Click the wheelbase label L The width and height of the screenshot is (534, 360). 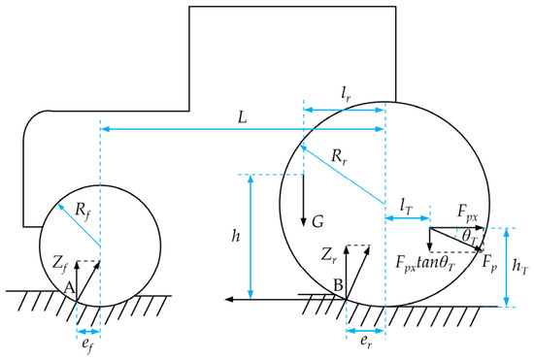(242, 117)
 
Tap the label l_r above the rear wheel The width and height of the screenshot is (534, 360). (346, 96)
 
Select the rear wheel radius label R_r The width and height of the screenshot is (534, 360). (339, 157)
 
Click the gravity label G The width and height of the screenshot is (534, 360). (318, 222)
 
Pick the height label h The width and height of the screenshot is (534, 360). (236, 236)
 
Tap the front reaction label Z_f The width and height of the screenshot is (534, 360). (61, 264)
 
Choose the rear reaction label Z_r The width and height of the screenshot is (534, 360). (329, 255)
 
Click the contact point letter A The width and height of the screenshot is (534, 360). (69, 288)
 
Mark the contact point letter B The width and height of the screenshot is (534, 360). (338, 286)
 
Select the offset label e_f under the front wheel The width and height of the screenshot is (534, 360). (87, 344)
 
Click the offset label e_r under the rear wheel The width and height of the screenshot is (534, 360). (366, 342)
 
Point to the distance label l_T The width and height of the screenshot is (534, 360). (406, 207)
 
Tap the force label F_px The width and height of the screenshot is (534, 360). (467, 213)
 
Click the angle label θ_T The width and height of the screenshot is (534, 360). (470, 236)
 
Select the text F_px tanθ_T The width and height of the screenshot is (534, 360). (424, 263)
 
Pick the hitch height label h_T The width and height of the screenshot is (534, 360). (520, 267)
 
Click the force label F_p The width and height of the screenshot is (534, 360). (489, 264)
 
